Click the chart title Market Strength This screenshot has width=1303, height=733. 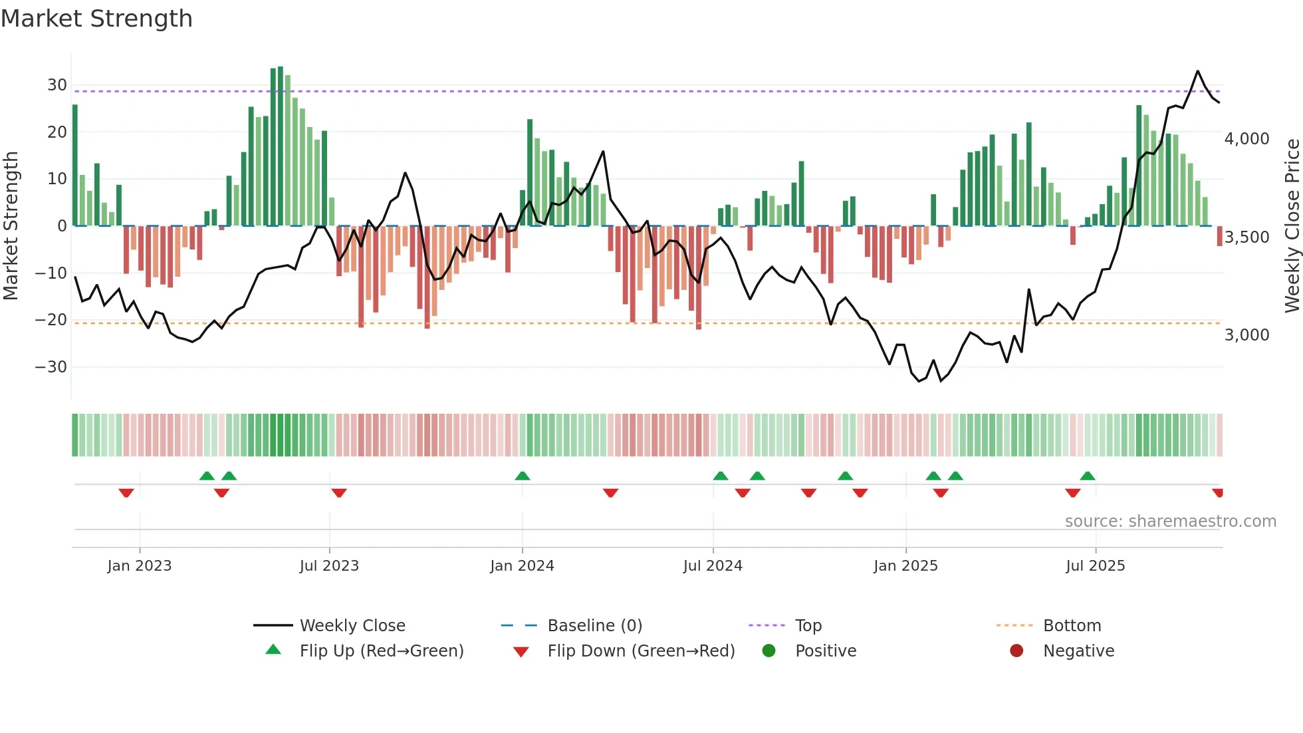96,19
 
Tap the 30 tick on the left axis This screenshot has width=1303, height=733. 57,85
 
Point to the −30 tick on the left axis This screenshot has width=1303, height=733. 51,367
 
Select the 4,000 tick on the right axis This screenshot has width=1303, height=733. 1246,139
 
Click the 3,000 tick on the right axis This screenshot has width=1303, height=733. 1246,335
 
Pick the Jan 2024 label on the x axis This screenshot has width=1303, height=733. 522,566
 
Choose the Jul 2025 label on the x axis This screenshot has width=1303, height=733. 1095,566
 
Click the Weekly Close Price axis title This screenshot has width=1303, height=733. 1292,226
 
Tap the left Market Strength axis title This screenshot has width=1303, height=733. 11,226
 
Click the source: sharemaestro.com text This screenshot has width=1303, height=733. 1170,521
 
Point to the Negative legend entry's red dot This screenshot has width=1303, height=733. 1016,651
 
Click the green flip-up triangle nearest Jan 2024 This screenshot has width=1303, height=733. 523,476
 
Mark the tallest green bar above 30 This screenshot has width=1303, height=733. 281,146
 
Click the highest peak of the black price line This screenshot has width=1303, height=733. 1198,71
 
